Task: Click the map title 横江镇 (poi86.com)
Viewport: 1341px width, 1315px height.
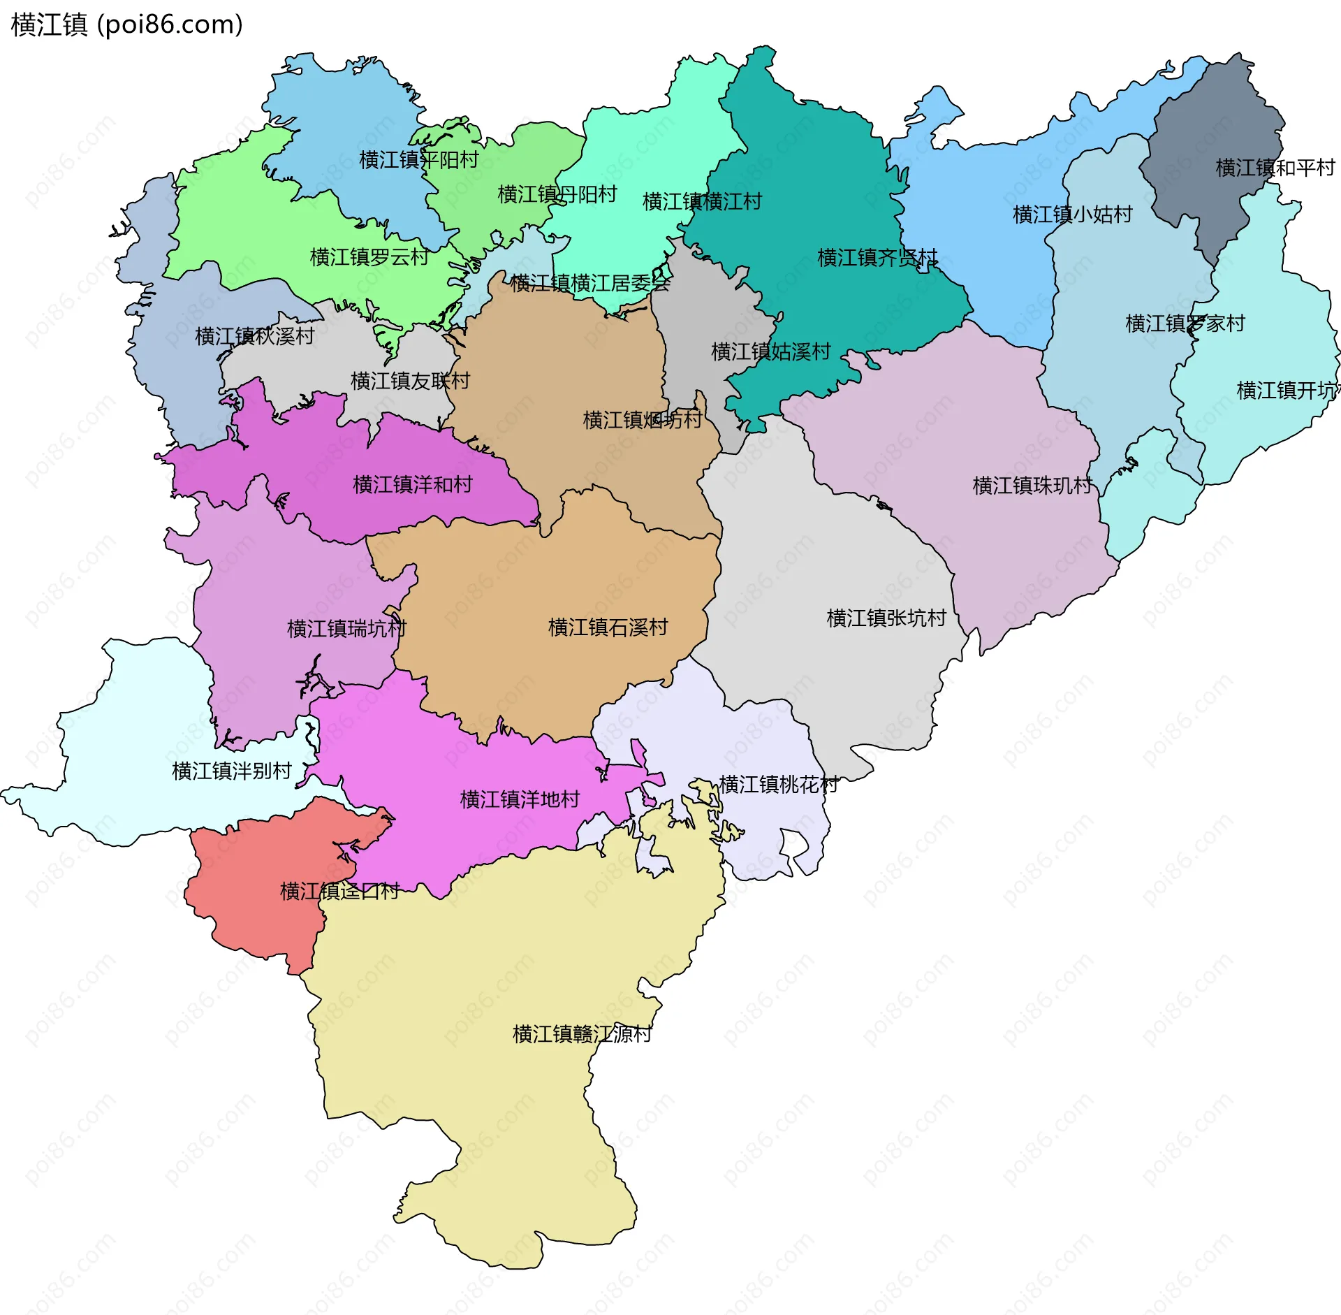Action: pyautogui.click(x=126, y=25)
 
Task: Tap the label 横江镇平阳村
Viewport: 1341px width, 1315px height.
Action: pyautogui.click(x=418, y=160)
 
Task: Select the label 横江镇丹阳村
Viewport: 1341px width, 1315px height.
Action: pyautogui.click(x=557, y=194)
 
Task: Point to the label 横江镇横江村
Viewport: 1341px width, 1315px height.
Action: pyautogui.click(x=701, y=202)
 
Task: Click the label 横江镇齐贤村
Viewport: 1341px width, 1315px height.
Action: pyautogui.click(x=877, y=258)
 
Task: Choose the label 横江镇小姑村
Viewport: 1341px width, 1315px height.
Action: pyautogui.click(x=1072, y=215)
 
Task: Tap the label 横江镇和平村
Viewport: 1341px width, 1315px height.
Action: pyautogui.click(x=1275, y=168)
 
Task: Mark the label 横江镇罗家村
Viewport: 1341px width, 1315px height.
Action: pyautogui.click(x=1185, y=324)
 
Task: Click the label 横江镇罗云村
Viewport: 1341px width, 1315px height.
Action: pyautogui.click(x=369, y=257)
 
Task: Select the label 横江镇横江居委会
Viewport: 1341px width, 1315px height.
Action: pyautogui.click(x=589, y=284)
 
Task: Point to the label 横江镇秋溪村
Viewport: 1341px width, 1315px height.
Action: pyautogui.click(x=254, y=336)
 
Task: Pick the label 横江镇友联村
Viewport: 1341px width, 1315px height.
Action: pyautogui.click(x=410, y=381)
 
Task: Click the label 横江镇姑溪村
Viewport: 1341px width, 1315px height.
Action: pyautogui.click(x=770, y=351)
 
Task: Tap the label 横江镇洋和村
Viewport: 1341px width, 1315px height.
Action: pyautogui.click(x=412, y=484)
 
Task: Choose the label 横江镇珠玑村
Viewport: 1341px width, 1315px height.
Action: pyautogui.click(x=1032, y=485)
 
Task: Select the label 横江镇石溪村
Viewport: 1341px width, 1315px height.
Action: pyautogui.click(x=608, y=627)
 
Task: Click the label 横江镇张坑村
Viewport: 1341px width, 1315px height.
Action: pyautogui.click(x=886, y=618)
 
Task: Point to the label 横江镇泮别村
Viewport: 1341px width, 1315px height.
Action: pyautogui.click(x=231, y=771)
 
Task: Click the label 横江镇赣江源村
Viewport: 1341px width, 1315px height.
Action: pyautogui.click(x=582, y=1034)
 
